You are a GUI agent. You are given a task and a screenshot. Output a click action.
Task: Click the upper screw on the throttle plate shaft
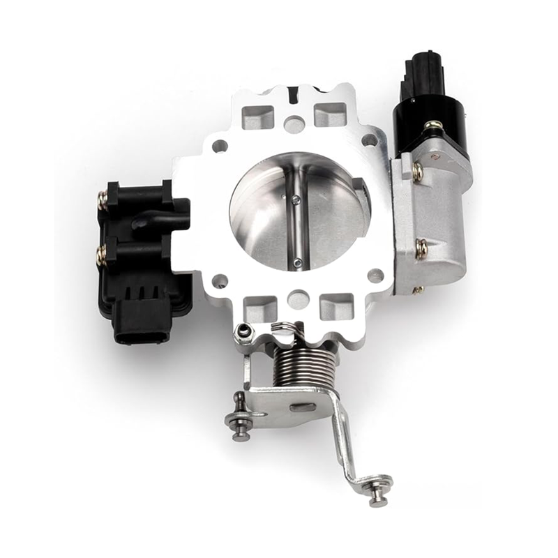(x=297, y=201)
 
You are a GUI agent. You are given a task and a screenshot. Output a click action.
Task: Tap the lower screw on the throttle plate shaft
(x=299, y=262)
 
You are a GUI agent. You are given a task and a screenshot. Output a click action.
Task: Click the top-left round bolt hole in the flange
(x=220, y=146)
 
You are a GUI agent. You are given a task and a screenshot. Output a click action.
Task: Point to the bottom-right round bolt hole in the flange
(x=377, y=276)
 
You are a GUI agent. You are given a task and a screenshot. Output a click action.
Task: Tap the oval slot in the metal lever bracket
(x=302, y=406)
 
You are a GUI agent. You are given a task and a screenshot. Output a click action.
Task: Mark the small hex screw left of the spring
(x=243, y=332)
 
